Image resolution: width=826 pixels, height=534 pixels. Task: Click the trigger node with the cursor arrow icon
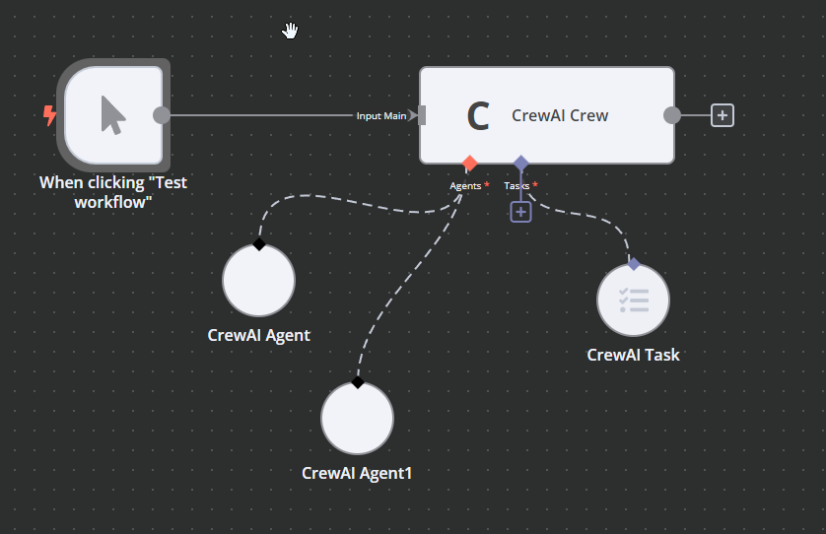(113, 115)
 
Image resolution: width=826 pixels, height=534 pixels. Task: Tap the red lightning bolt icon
(49, 116)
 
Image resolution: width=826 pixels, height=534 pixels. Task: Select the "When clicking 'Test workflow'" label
(112, 192)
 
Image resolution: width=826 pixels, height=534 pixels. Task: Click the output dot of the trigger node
(162, 115)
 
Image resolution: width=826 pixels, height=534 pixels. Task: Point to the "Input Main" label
(381, 116)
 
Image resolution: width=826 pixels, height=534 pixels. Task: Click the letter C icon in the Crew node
(478, 116)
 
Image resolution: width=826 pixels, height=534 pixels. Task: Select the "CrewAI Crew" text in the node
(560, 115)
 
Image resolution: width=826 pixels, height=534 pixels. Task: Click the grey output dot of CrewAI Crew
(672, 115)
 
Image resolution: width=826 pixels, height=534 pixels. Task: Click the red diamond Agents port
(470, 163)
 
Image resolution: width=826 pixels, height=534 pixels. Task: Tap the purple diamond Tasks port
(520, 163)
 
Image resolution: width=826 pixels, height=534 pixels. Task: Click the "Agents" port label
(465, 185)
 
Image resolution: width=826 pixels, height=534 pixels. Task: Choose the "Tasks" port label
(516, 185)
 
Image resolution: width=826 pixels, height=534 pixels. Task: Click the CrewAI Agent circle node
(258, 281)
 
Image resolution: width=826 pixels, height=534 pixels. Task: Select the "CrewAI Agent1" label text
(357, 473)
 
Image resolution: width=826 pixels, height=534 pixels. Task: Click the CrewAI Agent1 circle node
(357, 419)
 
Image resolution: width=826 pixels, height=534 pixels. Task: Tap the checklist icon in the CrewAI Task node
(634, 300)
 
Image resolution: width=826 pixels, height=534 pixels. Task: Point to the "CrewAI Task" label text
(633, 355)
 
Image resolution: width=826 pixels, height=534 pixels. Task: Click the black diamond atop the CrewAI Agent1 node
(357, 382)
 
